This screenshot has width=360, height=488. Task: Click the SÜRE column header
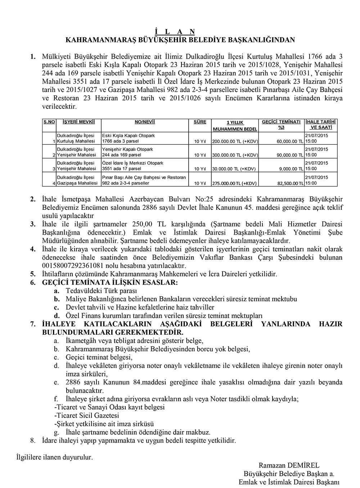click(x=200, y=122)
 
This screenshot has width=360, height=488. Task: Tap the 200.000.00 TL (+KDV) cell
click(x=235, y=141)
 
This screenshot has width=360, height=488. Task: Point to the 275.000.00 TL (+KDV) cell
click(x=234, y=184)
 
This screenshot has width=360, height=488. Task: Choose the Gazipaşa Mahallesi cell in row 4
click(x=77, y=183)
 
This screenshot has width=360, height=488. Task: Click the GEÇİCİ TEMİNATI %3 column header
click(x=281, y=125)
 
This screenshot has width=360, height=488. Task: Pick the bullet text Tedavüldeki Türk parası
click(x=101, y=291)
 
